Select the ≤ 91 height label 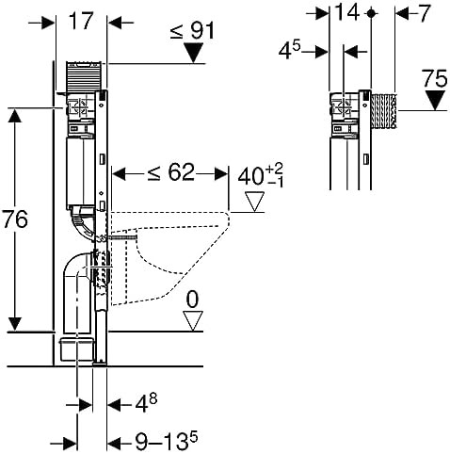click(x=194, y=30)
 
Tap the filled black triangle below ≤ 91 click(x=193, y=55)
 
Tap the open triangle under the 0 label click(x=193, y=322)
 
